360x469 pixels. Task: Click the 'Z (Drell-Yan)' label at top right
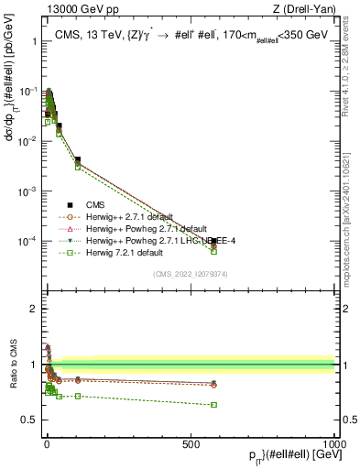(303, 10)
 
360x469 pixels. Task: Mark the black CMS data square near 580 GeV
(213, 241)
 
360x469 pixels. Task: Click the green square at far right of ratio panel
(213, 405)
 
